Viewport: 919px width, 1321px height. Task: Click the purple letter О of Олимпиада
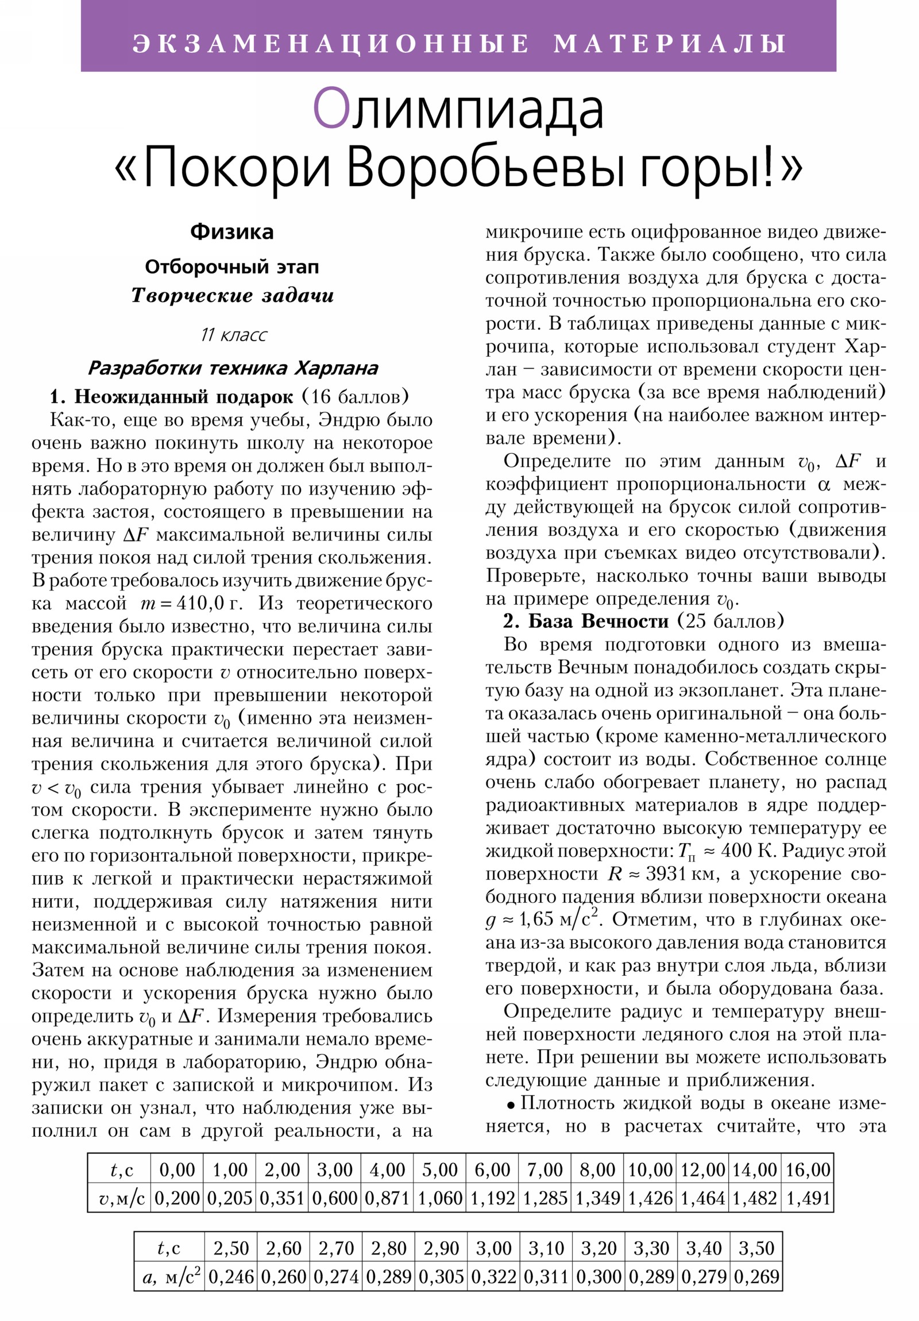tap(331, 109)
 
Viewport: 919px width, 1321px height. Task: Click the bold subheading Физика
tap(232, 232)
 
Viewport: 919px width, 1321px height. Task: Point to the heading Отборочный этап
tap(232, 267)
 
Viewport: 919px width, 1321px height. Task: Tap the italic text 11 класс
tap(234, 335)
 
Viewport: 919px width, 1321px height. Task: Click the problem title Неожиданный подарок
tap(184, 397)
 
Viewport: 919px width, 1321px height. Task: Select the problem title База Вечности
tap(598, 621)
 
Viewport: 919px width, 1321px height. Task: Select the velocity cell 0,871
tap(387, 1198)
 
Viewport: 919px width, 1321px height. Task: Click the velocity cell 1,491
tap(808, 1198)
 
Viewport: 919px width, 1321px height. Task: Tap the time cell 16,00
tap(808, 1170)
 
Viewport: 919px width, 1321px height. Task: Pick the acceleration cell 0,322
tap(494, 1277)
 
